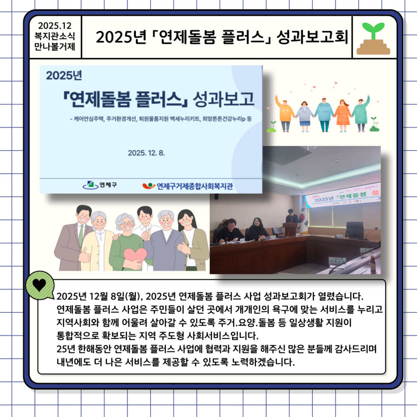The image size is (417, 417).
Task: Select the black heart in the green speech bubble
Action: point(40,285)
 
